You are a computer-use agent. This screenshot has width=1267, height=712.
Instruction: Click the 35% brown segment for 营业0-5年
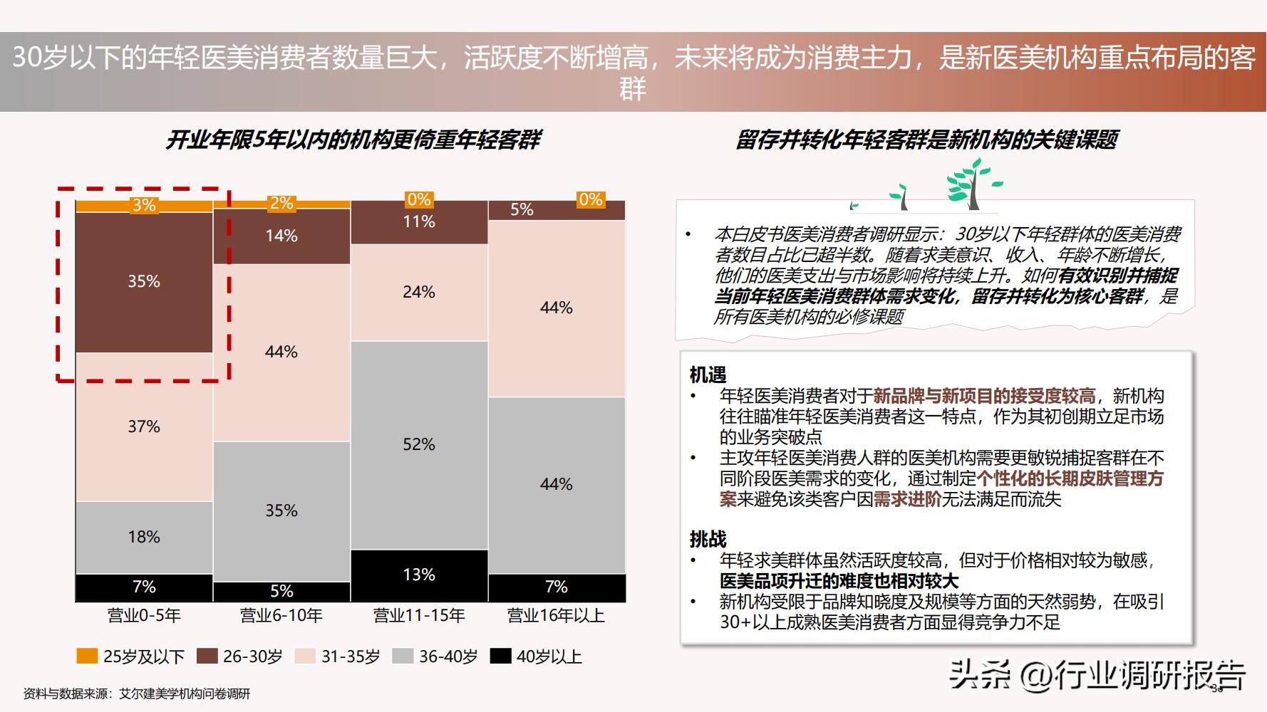point(144,282)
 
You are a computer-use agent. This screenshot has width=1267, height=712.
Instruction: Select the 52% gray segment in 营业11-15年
point(419,445)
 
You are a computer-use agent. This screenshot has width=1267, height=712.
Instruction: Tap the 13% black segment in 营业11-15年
point(419,575)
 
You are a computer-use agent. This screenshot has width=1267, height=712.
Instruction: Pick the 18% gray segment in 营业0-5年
point(144,538)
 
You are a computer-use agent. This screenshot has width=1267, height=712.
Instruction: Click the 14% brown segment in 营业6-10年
point(281,236)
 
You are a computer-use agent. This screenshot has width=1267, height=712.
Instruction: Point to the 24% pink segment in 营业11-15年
point(419,292)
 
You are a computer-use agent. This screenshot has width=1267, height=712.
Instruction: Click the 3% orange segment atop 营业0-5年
point(144,206)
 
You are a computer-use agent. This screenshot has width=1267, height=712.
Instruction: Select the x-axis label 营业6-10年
point(281,616)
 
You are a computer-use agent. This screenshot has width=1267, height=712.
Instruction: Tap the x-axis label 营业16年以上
point(556,616)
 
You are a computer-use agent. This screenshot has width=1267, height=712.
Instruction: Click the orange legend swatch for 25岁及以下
point(87,656)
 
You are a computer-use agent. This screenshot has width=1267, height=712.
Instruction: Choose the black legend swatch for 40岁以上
point(501,656)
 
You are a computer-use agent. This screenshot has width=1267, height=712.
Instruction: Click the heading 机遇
point(708,375)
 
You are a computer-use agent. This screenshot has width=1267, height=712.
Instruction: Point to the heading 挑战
point(708,539)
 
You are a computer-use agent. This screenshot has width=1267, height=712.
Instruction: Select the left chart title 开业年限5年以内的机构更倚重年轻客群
point(353,140)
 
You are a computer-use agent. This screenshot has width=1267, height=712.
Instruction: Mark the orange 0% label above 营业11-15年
point(419,200)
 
